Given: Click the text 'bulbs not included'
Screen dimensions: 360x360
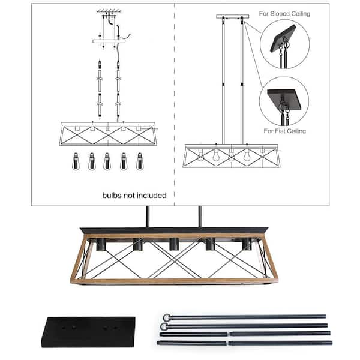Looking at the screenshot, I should (x=126, y=195).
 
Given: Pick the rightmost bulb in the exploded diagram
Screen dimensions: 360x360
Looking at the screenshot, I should (x=140, y=161).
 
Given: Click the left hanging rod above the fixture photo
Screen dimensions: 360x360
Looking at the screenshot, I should (x=146, y=217).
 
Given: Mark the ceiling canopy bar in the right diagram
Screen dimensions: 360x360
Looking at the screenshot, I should (x=232, y=16).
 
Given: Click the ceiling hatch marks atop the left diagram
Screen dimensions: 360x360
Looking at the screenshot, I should (x=109, y=11).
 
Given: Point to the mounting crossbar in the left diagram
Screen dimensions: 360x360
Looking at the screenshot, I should (x=109, y=40).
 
